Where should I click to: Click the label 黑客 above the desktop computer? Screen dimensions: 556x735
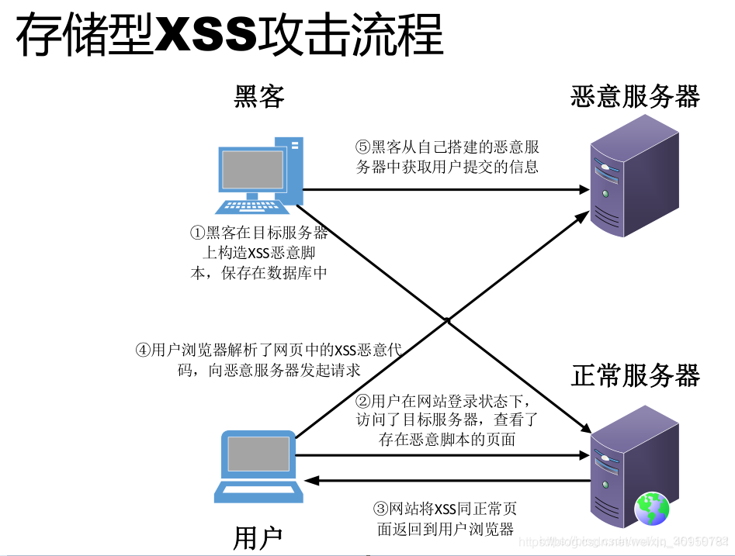pos(259,96)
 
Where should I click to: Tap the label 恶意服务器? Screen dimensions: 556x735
pos(635,96)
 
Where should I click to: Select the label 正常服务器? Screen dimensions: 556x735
pos(635,375)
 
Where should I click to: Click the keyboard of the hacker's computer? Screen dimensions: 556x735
pos(250,205)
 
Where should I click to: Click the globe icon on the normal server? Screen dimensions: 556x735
pos(652,509)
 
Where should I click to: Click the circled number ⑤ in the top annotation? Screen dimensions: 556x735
pos(363,147)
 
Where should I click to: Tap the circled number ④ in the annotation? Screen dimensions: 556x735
pos(143,351)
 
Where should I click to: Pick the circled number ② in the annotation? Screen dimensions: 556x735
pos(362,402)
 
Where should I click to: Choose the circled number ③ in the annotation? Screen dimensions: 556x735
pos(380,509)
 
